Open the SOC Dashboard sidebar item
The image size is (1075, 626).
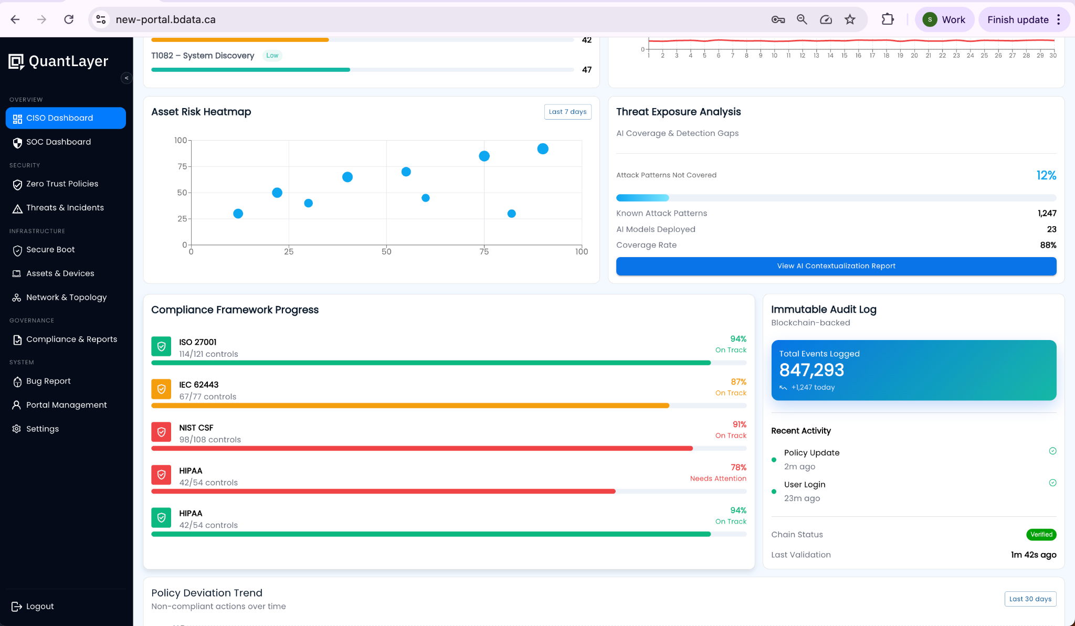tap(58, 142)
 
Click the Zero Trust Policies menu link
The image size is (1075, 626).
tap(62, 184)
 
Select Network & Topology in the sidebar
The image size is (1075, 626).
tap(66, 297)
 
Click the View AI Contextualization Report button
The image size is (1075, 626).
tap(836, 266)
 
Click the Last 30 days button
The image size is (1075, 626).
tap(1030, 599)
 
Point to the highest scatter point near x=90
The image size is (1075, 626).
tap(543, 149)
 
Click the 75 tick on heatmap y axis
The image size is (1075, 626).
tap(182, 166)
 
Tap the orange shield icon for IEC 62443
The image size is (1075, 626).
tap(161, 389)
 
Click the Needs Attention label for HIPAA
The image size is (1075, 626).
tap(718, 479)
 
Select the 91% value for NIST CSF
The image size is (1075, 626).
tap(739, 425)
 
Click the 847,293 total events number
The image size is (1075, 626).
tap(811, 370)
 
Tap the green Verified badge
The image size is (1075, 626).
tap(1041, 535)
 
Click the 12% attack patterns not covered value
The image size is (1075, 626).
tap(1046, 175)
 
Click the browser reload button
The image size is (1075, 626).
tap(69, 19)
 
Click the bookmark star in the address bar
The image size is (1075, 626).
tap(850, 19)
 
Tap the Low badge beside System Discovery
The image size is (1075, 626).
tap(272, 56)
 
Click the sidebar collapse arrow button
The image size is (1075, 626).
tap(126, 78)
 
